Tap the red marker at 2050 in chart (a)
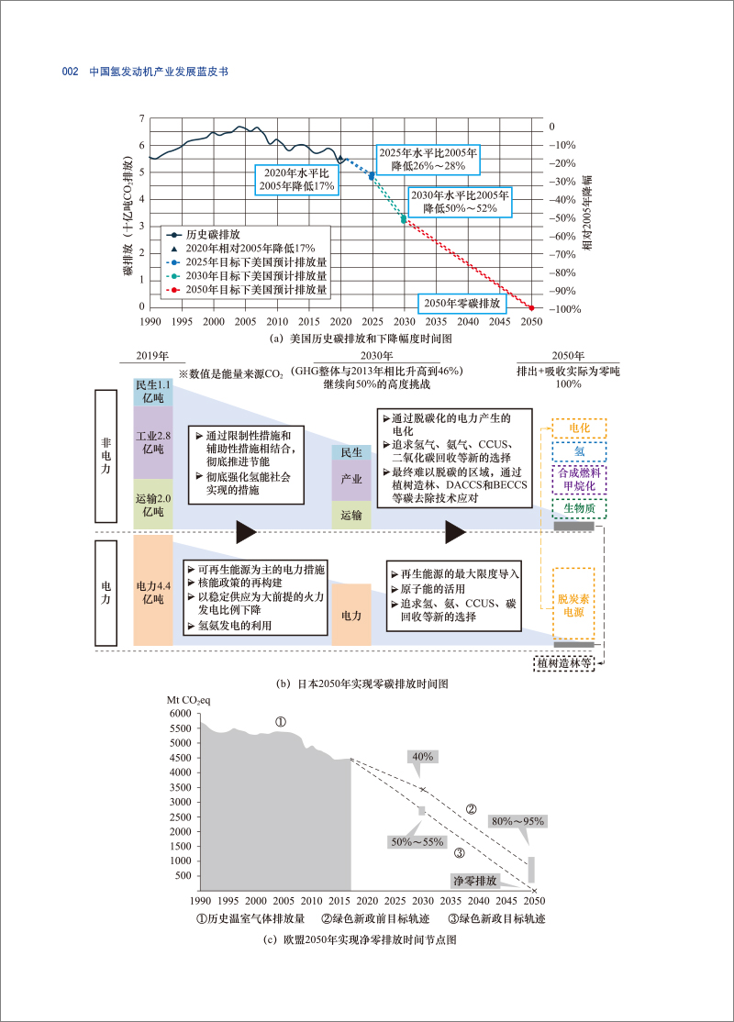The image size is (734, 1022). (531, 307)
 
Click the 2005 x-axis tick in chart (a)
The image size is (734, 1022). (245, 322)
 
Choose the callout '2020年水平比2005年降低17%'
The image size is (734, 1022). (295, 179)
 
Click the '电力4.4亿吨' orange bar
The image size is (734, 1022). (151, 592)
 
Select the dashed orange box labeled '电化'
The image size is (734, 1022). (579, 428)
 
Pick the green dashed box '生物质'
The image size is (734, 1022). (579, 507)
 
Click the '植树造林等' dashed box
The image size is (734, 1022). (563, 661)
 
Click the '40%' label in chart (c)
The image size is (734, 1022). (423, 756)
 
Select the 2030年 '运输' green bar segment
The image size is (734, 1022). (351, 516)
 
